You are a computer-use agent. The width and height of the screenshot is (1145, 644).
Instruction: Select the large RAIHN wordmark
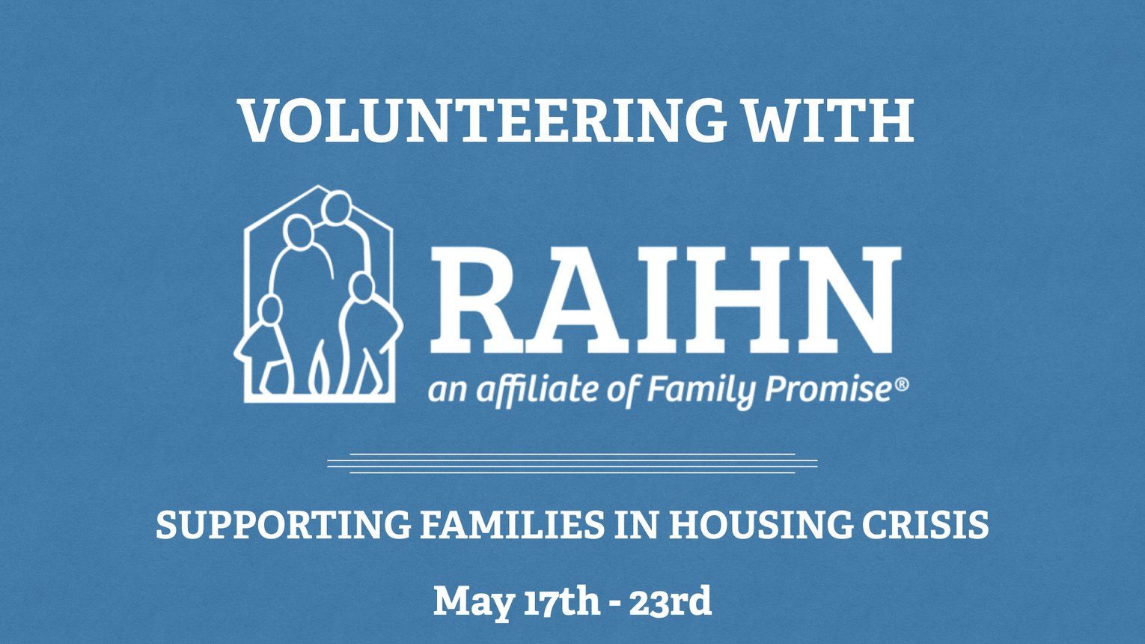pos(665,300)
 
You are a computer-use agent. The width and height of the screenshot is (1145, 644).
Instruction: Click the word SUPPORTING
pos(284,525)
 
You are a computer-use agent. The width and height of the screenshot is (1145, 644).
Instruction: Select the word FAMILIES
pos(513,525)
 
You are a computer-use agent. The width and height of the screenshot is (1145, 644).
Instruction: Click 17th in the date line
pos(562,601)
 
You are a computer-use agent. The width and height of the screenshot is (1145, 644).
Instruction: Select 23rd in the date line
pos(670,601)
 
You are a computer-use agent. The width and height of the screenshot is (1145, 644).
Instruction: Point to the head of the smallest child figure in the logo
pos(270,311)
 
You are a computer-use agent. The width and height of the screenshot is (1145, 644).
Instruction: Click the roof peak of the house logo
pos(320,187)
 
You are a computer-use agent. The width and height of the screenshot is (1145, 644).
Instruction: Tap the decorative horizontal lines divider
pos(572,464)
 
